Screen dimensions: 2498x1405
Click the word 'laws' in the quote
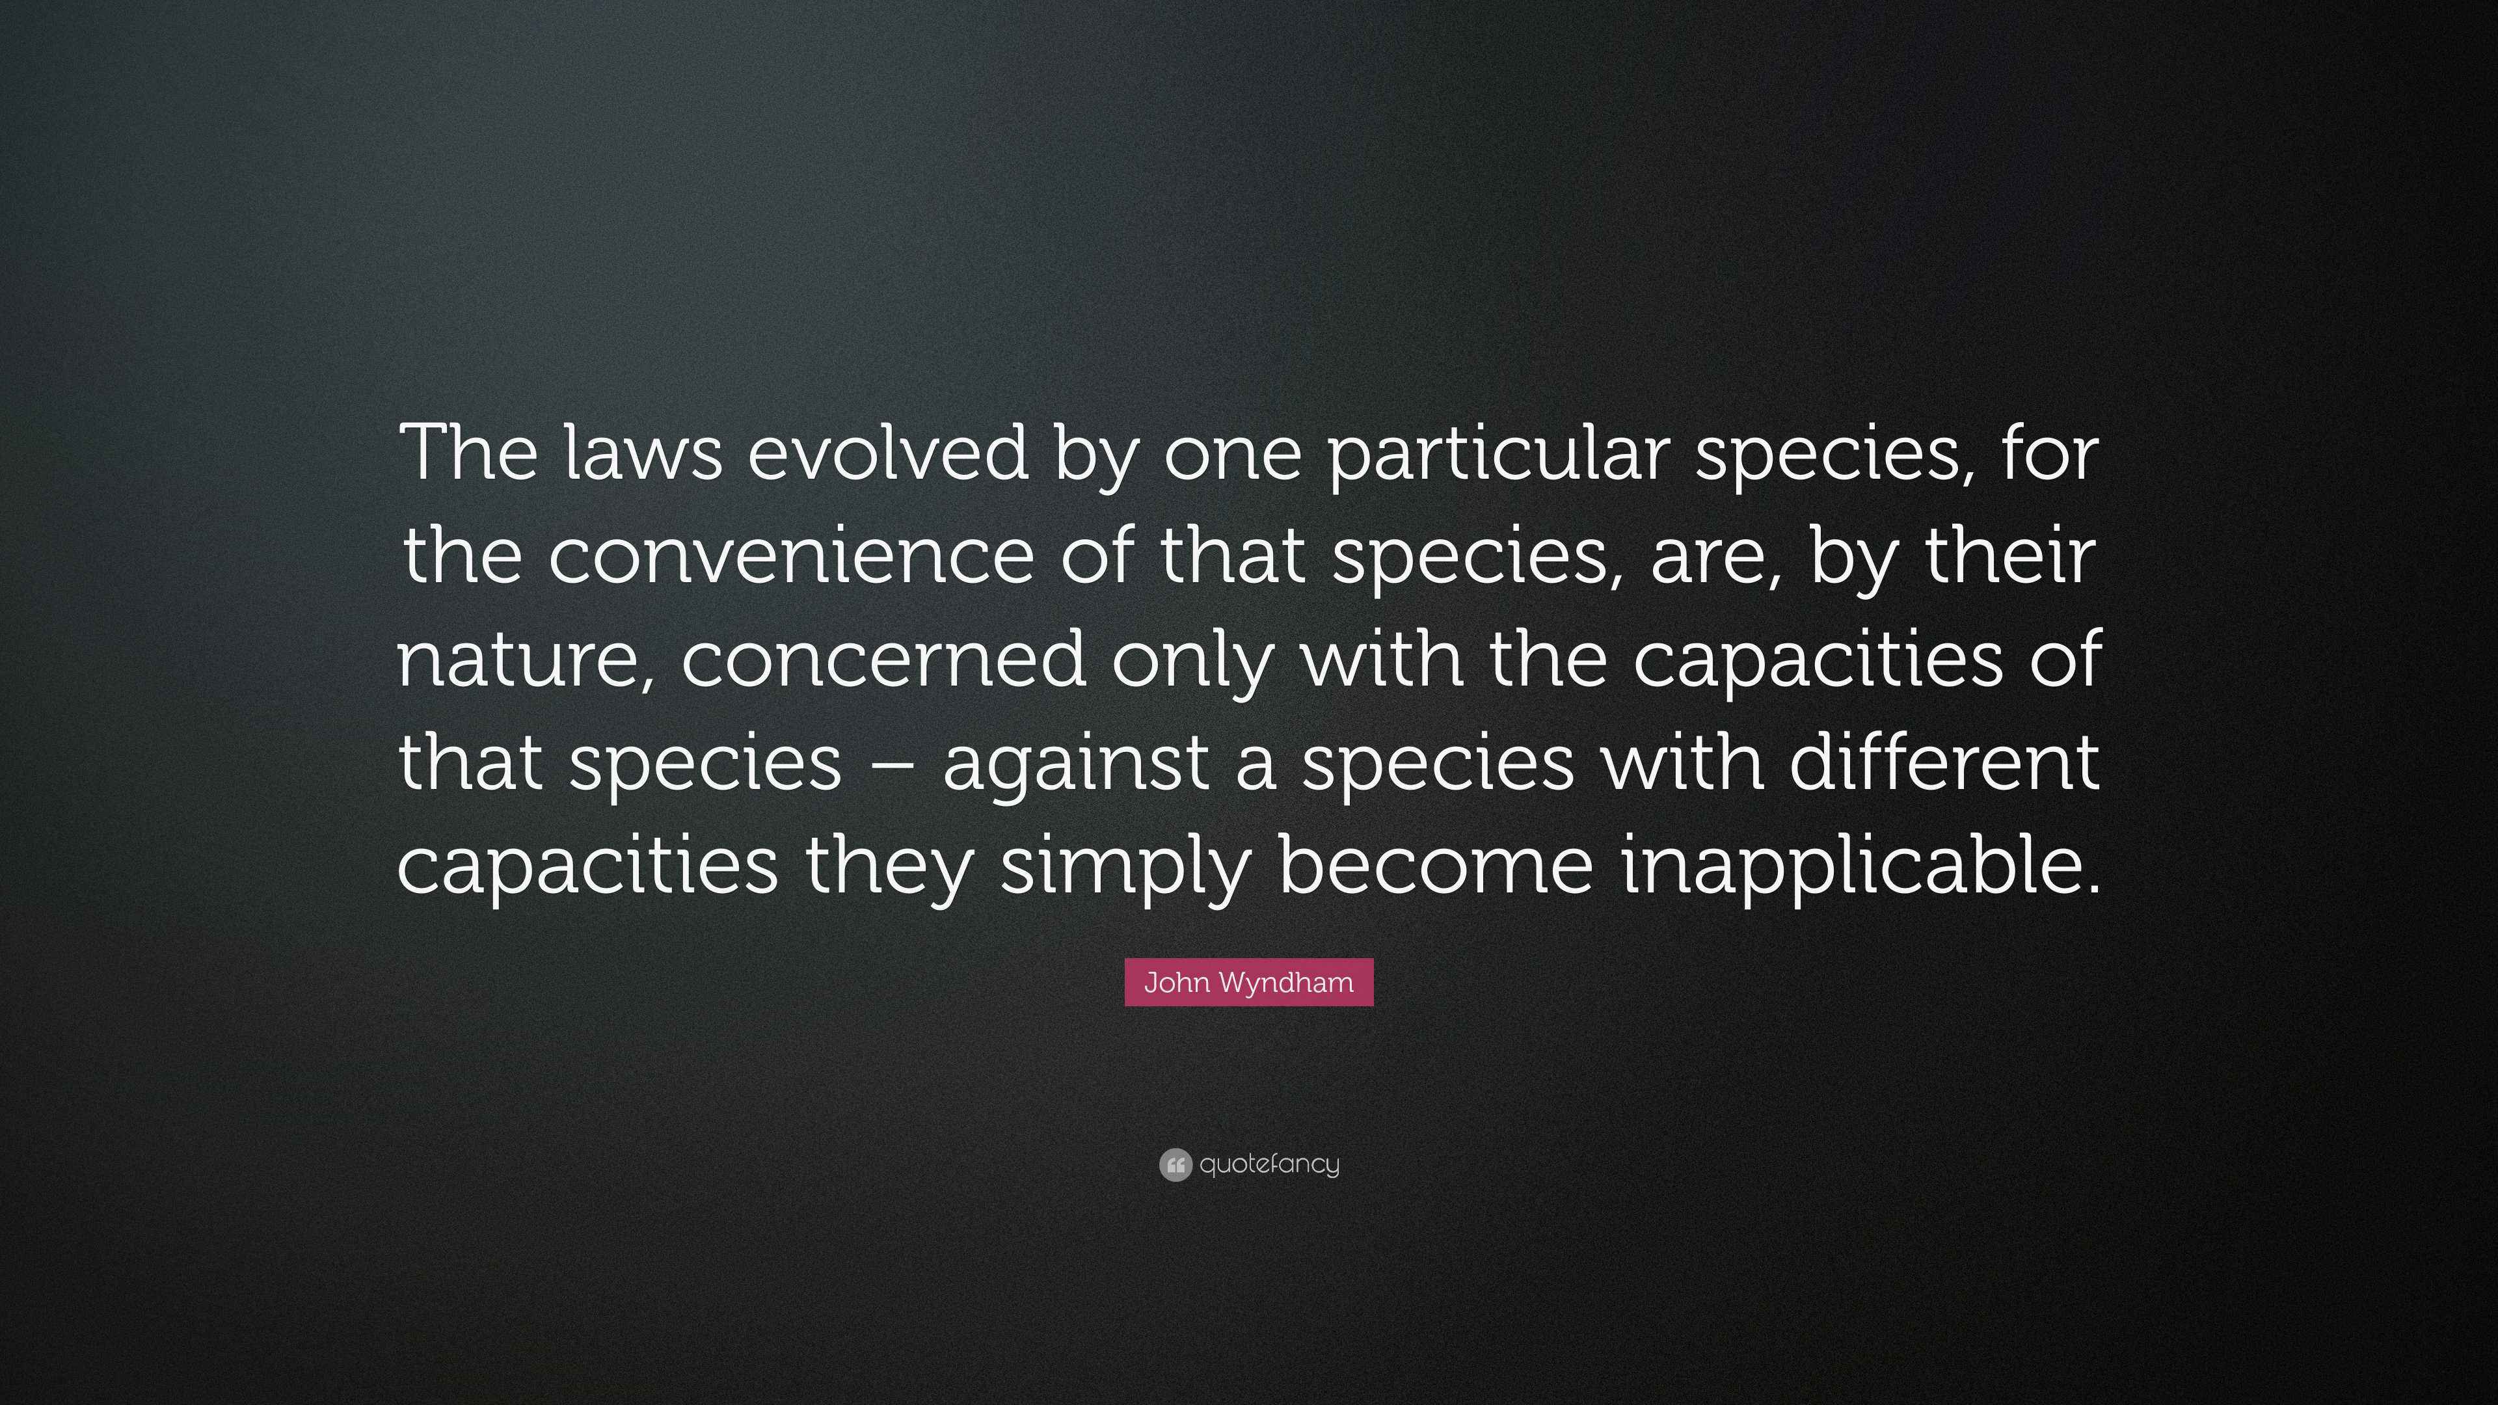tap(643, 452)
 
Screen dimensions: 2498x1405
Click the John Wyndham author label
tap(1249, 982)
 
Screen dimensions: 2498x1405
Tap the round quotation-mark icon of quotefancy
tap(1175, 1164)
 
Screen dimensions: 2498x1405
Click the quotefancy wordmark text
tap(1269, 1164)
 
